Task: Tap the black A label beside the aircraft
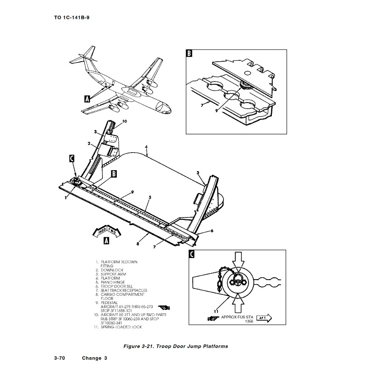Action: click(x=87, y=98)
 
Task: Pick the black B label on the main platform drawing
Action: click(x=114, y=173)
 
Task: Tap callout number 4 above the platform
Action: click(x=146, y=148)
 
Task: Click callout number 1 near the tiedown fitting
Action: click(x=66, y=197)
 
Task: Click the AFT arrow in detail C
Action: click(x=264, y=317)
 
